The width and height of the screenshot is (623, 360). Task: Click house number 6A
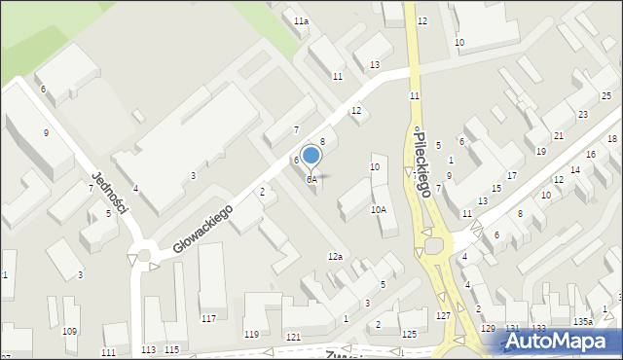pos(311,180)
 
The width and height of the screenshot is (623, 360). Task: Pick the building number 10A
pos(378,209)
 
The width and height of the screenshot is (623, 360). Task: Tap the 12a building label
pos(335,256)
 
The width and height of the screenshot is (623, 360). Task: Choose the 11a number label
pos(302,20)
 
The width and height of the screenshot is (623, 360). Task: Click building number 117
pos(208,319)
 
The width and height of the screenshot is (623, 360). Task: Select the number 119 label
pos(252,335)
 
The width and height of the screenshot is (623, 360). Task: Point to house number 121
pos(293,337)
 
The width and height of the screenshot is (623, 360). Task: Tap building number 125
pos(409,335)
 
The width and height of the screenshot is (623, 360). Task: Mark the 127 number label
pos(443,316)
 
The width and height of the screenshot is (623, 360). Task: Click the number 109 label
pos(69,332)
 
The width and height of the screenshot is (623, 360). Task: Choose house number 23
pos(582,115)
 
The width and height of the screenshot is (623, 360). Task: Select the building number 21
pos(559,135)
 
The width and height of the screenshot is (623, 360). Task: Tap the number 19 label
pos(541,152)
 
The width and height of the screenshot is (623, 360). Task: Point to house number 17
pos(511,175)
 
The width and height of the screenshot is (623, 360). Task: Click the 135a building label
pos(583,321)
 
